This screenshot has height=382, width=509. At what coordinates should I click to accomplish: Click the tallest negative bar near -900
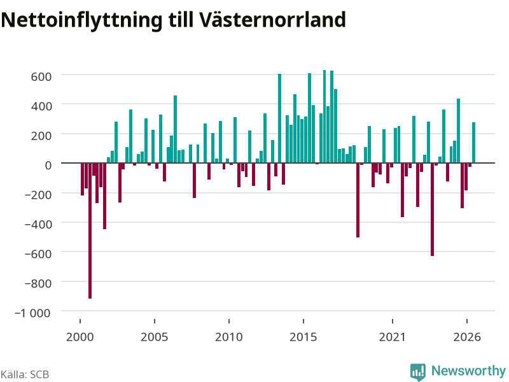tap(90, 230)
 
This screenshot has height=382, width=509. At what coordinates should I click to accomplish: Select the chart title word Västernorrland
tap(272, 20)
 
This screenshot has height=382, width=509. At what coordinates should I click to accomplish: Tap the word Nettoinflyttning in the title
tap(81, 20)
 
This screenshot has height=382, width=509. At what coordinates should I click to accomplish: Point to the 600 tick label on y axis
tap(41, 76)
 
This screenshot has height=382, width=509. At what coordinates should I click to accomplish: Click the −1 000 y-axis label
tap(32, 313)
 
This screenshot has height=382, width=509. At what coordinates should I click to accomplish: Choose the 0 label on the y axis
tap(48, 166)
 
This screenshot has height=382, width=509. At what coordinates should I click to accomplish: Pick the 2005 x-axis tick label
tap(154, 337)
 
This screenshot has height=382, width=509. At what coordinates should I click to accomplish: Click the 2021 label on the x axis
tap(392, 337)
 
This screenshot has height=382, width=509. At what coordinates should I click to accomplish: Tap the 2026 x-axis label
tap(467, 337)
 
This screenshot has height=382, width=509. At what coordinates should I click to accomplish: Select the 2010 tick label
tap(229, 337)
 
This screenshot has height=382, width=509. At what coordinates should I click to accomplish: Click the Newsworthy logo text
tap(468, 371)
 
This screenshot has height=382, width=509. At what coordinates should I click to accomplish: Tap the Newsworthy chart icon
tap(418, 372)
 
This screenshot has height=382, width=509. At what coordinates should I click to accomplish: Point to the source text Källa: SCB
tap(25, 374)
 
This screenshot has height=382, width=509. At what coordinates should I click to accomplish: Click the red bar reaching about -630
tap(433, 209)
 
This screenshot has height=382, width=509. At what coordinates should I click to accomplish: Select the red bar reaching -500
tap(358, 200)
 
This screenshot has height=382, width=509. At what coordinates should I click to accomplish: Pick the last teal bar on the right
tap(473, 143)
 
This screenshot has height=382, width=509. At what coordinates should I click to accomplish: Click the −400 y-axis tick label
tap(38, 225)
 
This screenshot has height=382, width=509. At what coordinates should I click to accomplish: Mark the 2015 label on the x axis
tap(303, 337)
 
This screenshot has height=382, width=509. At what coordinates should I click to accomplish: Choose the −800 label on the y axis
tap(38, 283)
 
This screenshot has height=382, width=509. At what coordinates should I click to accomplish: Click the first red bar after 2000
tap(83, 180)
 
